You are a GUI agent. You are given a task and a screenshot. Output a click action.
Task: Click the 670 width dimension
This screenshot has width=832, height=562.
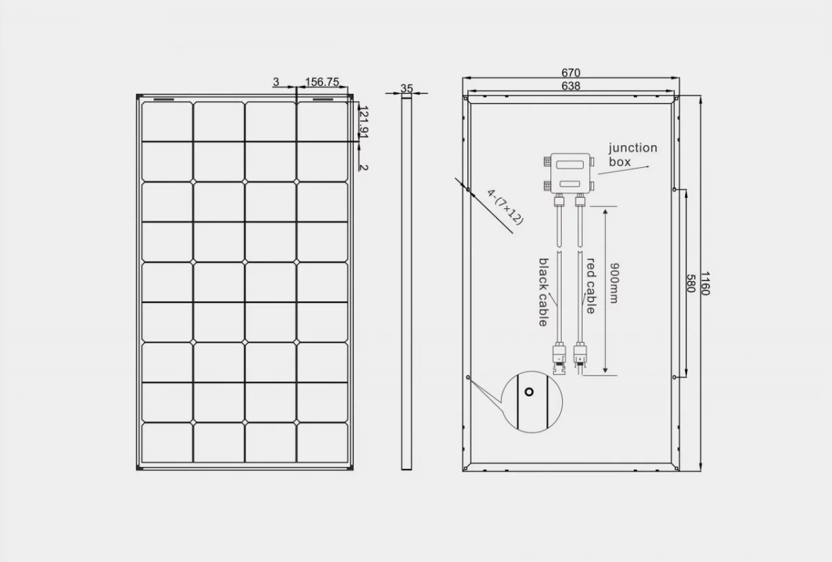point(571,72)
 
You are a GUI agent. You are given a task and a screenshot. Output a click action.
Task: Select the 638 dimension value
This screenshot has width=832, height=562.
point(571,86)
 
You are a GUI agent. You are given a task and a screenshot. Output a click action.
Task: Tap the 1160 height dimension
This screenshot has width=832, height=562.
point(705,283)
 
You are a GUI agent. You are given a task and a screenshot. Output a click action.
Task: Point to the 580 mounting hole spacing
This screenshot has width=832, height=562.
point(691,283)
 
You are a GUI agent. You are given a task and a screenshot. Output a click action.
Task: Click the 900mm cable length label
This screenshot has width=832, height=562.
point(615,283)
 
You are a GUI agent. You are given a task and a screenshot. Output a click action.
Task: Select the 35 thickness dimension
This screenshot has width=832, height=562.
point(407,89)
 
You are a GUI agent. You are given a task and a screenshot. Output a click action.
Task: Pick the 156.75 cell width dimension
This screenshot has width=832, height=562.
point(322,82)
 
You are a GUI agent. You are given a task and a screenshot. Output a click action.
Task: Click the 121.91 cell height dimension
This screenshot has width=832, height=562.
point(363,122)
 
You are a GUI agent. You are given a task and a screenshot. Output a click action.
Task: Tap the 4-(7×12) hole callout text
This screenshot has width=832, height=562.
point(505,207)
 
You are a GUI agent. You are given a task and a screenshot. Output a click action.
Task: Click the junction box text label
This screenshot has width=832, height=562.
point(632,155)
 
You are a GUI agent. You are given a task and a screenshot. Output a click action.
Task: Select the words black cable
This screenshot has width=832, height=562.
point(544,292)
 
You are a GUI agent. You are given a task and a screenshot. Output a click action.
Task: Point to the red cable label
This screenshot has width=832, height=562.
point(591,286)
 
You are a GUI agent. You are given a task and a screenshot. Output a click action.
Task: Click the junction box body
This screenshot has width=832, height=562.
point(571,173)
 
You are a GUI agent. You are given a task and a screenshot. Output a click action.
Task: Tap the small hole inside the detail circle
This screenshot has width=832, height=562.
point(529,392)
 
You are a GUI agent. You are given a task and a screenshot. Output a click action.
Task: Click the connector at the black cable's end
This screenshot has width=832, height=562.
point(559,358)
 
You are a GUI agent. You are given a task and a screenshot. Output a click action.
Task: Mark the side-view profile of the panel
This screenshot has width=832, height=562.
point(407,282)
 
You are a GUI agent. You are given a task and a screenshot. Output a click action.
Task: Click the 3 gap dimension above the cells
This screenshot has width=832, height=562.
point(276,82)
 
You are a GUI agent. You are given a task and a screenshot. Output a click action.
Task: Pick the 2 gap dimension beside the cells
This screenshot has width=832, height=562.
point(364,167)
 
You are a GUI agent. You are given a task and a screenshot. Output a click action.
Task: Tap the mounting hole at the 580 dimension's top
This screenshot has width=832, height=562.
point(675,189)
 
